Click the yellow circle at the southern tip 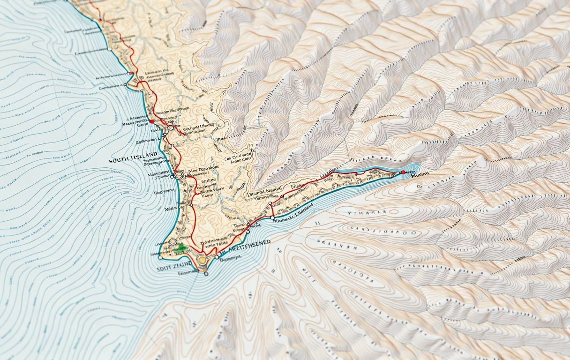pos(202,260)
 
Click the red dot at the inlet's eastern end pos(403,172)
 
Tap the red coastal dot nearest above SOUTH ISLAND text pos(151,121)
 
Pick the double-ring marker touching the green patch pos(173,242)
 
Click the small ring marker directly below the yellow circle pos(206,273)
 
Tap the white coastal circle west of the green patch pos(160,257)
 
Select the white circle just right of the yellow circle pos(217,256)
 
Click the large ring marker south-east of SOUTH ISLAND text pos(179,175)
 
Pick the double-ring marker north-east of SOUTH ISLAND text pos(170,127)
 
